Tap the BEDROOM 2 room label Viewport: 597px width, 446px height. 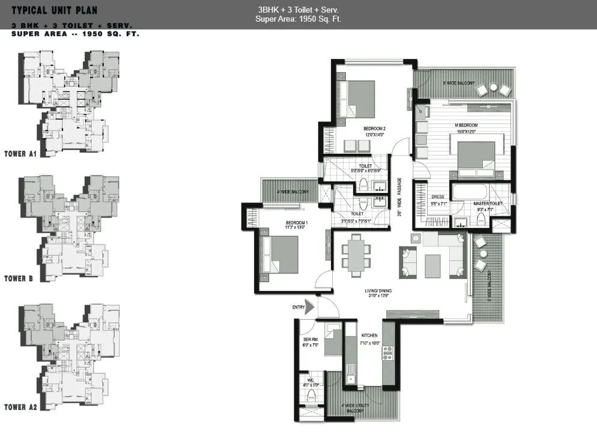(x=374, y=129)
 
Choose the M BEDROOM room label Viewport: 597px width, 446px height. (x=466, y=125)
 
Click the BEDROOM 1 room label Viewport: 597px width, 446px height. (x=297, y=223)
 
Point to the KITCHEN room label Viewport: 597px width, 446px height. (x=369, y=335)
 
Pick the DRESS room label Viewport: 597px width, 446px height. (x=437, y=197)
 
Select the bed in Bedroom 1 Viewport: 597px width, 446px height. (x=279, y=255)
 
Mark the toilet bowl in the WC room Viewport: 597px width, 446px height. (x=311, y=395)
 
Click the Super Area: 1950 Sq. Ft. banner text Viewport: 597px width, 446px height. (x=298, y=19)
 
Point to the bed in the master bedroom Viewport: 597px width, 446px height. (x=476, y=159)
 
